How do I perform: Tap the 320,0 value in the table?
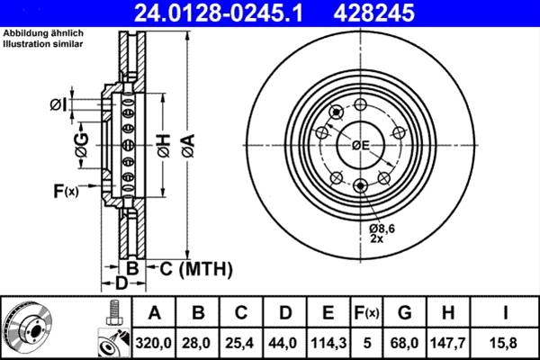point(154,341)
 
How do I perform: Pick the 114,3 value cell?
point(328,341)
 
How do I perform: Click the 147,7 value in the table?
point(450,341)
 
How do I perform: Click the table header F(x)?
point(366,312)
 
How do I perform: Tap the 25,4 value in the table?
point(240,341)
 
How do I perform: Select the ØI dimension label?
point(58,105)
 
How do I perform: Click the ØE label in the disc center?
point(361,145)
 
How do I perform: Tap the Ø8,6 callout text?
point(383,230)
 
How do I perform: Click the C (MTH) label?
point(196,268)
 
